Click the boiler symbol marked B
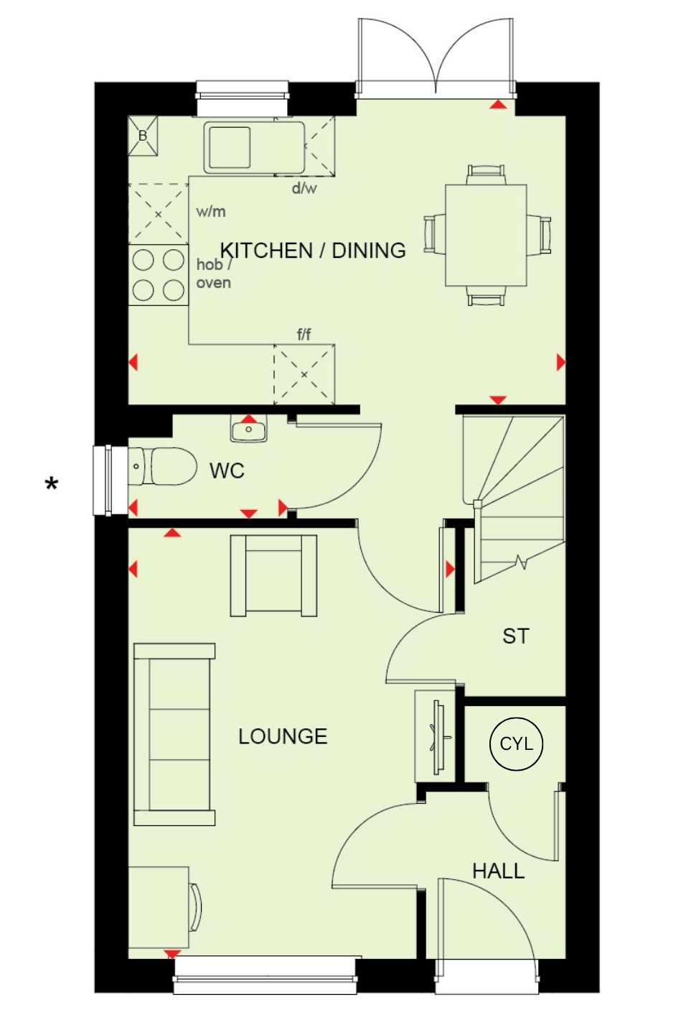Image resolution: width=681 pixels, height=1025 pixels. pyautogui.click(x=143, y=136)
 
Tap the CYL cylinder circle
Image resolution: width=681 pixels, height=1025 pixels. pyautogui.click(x=516, y=743)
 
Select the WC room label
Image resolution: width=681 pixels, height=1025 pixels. pyautogui.click(x=227, y=470)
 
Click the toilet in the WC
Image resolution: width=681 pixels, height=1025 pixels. pyautogui.click(x=163, y=466)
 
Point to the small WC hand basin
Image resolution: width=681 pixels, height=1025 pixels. pyautogui.click(x=248, y=428)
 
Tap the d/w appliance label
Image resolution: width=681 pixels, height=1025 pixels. pyautogui.click(x=304, y=187)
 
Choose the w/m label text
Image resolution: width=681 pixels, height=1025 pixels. pyautogui.click(x=211, y=211)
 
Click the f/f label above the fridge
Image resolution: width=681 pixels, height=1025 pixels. pyautogui.click(x=304, y=335)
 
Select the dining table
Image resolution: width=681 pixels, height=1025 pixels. pyautogui.click(x=487, y=235)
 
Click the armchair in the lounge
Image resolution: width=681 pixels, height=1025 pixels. pyautogui.click(x=274, y=575)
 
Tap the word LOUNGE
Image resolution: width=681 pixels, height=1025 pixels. pyautogui.click(x=283, y=736)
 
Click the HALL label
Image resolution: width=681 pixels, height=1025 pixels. pyautogui.click(x=498, y=871)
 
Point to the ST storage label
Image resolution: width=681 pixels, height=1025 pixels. pyautogui.click(x=515, y=636)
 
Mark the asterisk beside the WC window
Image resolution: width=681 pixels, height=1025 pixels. pyautogui.click(x=52, y=483)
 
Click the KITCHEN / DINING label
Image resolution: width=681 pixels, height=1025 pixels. pyautogui.click(x=313, y=250)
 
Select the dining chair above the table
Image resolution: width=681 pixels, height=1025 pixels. pyautogui.click(x=486, y=175)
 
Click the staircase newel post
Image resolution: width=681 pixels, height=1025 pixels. pyautogui.click(x=477, y=504)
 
